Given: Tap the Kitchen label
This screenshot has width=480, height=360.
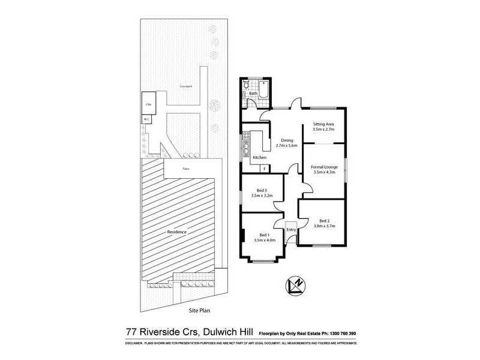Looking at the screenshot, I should coord(259,157).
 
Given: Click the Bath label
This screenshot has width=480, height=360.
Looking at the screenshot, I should coord(253,94).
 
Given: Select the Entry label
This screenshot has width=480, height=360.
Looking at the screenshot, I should coord(292,230).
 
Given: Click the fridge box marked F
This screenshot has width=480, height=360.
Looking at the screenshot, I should coord(264,169).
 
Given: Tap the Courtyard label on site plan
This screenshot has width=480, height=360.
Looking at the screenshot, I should coord(185,86).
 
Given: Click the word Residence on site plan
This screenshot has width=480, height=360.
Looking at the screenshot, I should coord(176,232).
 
